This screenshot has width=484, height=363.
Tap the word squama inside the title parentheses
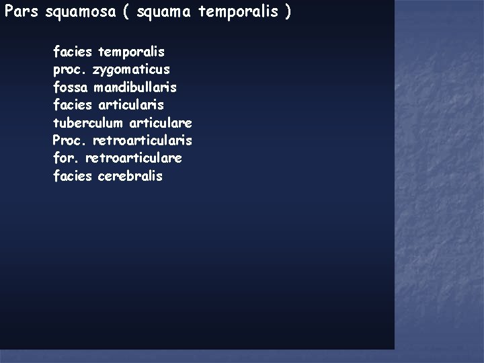(x=161, y=13)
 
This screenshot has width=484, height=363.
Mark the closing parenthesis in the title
(x=288, y=13)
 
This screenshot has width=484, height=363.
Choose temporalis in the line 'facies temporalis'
(x=131, y=51)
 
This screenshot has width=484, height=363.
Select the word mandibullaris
(x=135, y=87)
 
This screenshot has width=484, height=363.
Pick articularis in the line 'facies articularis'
(x=130, y=105)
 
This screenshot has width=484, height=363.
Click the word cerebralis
(x=130, y=176)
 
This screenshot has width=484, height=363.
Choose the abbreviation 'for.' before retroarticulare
(x=65, y=159)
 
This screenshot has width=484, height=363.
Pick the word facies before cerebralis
(x=72, y=176)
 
